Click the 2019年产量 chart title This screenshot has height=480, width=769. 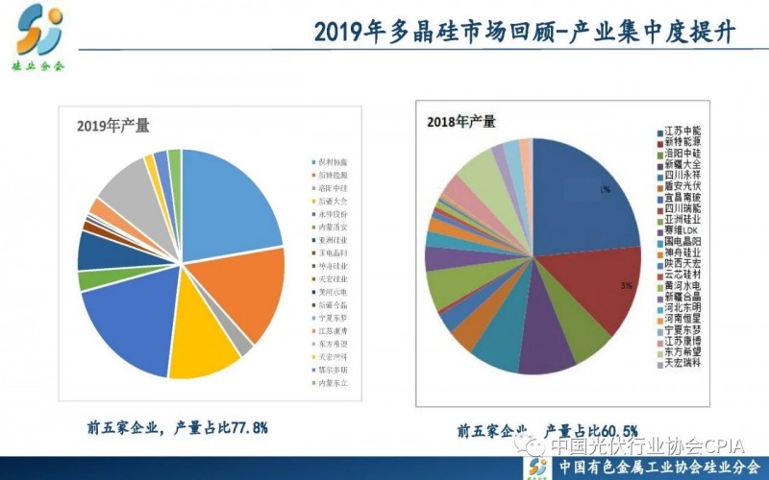(113, 125)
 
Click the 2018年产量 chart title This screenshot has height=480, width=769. (461, 121)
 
